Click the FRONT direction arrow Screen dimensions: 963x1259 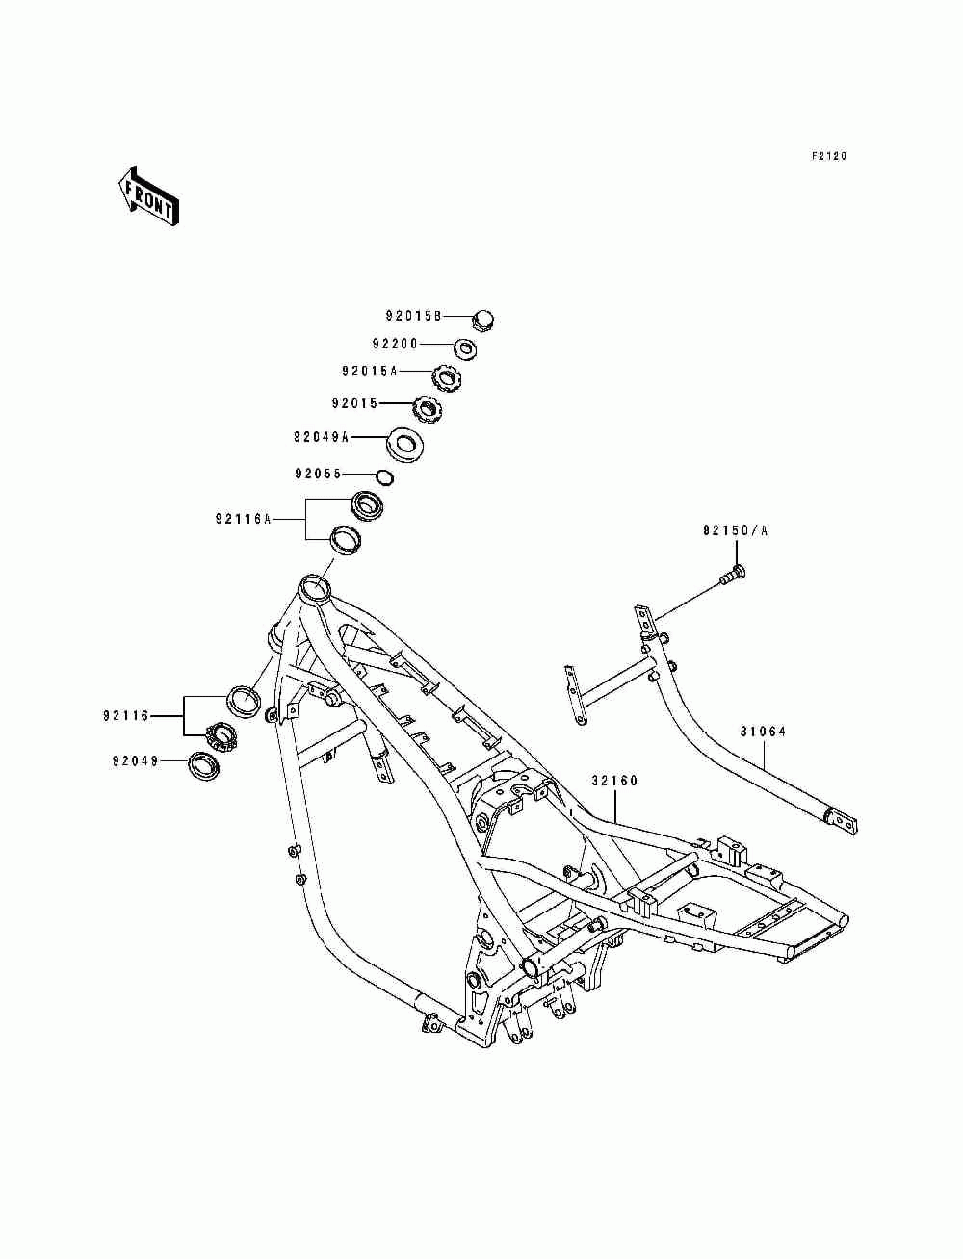pos(148,196)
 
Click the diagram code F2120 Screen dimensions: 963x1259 pos(829,156)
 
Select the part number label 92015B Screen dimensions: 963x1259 pos(412,316)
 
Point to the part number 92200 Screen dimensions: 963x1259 pos(395,344)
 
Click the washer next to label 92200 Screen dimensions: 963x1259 pos(465,348)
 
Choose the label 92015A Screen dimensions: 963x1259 pos(370,372)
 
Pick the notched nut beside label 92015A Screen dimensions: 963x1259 pos(447,379)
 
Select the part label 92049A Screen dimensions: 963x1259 pos(321,437)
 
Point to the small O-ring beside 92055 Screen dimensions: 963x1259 pos(385,476)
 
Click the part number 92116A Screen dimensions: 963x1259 pos(244,519)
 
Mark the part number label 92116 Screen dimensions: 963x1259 pos(126,716)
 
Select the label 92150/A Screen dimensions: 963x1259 pos(735,531)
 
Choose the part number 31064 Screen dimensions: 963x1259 pos(763,732)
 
